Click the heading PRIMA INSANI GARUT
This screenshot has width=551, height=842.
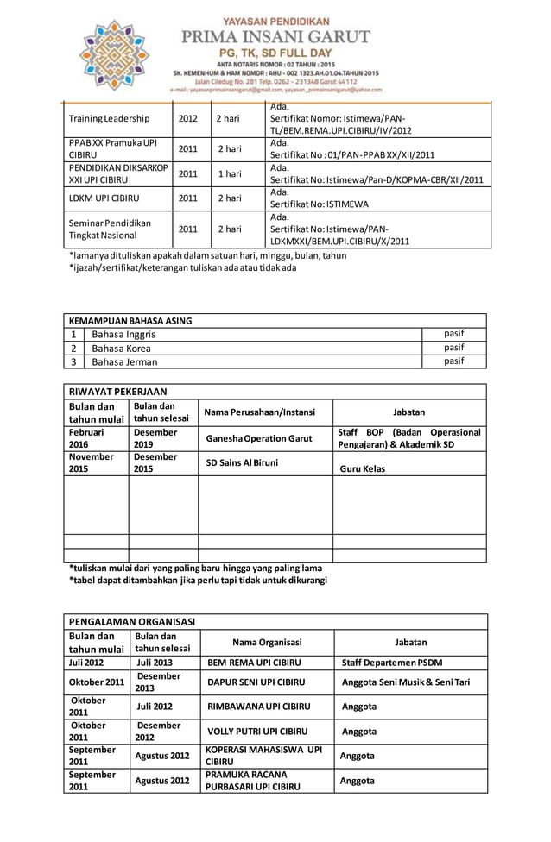[275, 37]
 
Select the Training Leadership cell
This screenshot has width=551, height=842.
[109, 118]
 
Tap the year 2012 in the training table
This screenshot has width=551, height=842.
[187, 118]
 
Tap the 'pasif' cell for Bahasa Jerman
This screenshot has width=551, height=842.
[454, 361]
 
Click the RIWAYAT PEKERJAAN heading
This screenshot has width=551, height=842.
[117, 391]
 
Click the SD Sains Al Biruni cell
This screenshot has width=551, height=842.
[242, 463]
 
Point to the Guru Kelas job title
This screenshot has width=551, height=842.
[362, 469]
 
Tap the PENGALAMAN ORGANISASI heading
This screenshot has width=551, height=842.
[132, 621]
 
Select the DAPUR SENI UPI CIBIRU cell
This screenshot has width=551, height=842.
[256, 682]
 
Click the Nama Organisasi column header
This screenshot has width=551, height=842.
[267, 642]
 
